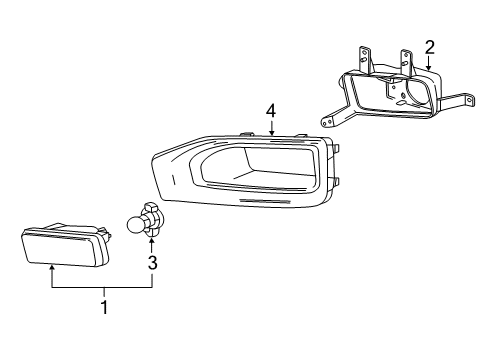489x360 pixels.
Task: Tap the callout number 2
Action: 429,46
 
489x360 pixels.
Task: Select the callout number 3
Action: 152,263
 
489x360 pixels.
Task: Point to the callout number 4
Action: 271,109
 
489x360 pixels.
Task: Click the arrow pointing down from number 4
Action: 271,127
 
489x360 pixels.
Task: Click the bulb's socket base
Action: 155,219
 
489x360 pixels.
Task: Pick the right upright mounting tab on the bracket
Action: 406,58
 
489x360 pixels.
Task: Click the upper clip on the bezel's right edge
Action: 336,148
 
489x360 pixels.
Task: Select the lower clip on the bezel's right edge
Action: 336,181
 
